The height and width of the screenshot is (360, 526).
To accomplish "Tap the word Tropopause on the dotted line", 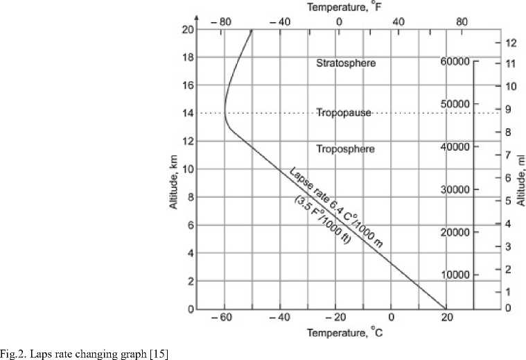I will coord(344,112).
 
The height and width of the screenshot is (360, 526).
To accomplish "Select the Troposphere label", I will coord(345,149).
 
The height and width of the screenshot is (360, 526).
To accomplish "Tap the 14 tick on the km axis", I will coord(187,113).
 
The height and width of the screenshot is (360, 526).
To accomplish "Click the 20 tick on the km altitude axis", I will coord(187,29).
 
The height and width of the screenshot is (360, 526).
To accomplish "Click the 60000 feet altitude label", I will coord(455,62).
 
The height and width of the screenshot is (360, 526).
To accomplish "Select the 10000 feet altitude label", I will coord(455,275).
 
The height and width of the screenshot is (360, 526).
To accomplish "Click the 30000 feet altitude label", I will coord(455,189).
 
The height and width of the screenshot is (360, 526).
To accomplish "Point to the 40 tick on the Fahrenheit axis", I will coord(397,21).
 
